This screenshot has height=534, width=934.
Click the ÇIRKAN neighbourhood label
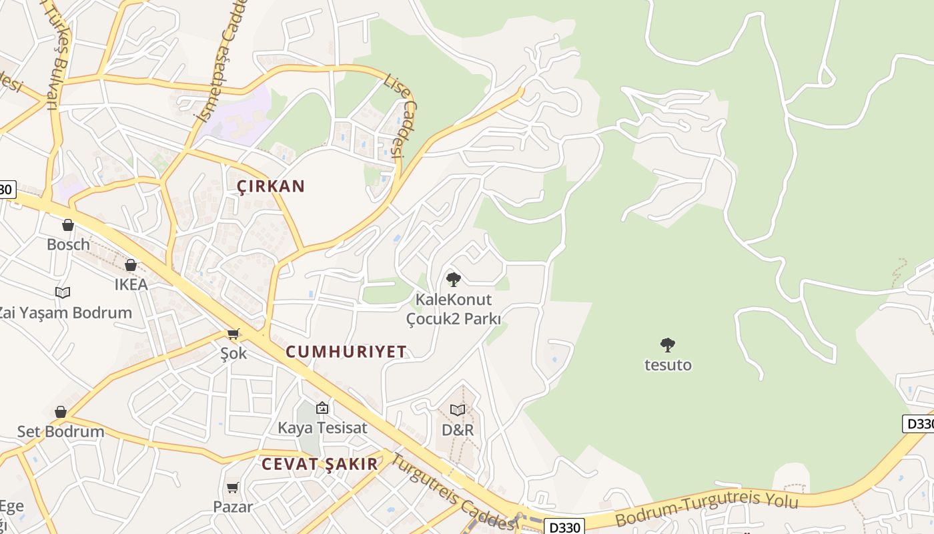coord(271,186)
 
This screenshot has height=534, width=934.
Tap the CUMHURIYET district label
coord(346,352)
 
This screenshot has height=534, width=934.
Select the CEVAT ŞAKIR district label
coord(320,464)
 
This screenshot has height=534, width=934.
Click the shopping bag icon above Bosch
coord(67,225)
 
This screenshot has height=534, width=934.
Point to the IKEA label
coord(131,284)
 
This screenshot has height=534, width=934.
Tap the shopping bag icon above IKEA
coord(131,265)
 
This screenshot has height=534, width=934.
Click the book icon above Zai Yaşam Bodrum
coord(63,292)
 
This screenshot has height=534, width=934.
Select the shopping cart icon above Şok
coord(233,333)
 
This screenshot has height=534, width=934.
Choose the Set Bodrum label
coord(61,431)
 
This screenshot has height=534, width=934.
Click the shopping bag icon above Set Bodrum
coord(61,412)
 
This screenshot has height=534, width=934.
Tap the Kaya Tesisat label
coord(322,428)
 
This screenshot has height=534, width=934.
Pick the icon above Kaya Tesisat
coord(322,407)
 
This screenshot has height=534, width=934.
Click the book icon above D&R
coord(458,410)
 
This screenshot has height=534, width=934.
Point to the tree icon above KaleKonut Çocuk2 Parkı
coord(454,280)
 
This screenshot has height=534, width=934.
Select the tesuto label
coord(668,365)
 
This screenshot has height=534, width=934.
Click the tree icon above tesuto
coord(668,345)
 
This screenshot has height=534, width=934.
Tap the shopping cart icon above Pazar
coord(233,488)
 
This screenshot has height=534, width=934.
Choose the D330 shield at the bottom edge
coord(564,527)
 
